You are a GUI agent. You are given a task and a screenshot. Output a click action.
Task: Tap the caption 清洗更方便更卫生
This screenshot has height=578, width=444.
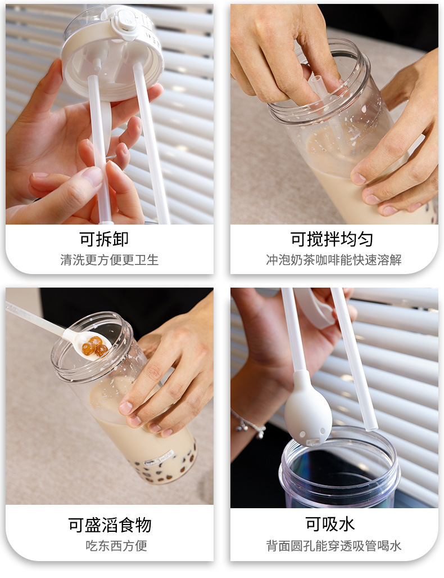pyautogui.click(x=109, y=259)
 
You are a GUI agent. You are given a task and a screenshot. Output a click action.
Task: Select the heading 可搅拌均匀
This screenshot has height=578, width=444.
pyautogui.click(x=333, y=239)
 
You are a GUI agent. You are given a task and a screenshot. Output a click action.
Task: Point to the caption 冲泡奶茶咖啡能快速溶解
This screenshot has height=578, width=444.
pyautogui.click(x=333, y=259)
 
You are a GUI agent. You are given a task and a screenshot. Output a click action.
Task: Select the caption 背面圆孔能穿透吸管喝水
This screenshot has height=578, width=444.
pyautogui.click(x=333, y=545)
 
